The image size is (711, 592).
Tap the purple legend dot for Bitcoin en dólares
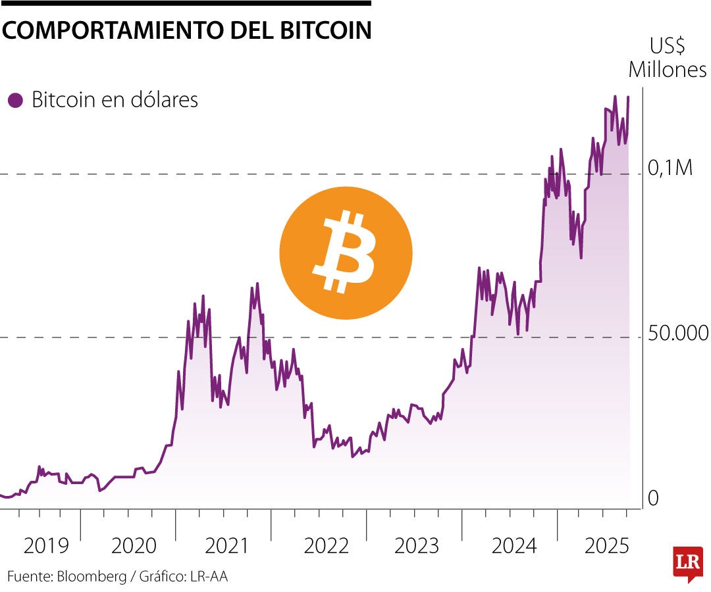click(x=14, y=101)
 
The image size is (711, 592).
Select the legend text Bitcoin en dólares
click(x=115, y=101)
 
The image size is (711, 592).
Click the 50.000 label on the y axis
click(x=678, y=333)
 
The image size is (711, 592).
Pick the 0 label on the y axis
click(x=653, y=499)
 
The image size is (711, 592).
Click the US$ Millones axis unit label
click(x=668, y=58)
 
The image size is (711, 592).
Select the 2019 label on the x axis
click(x=45, y=545)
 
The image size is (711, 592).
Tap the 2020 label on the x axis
click(x=134, y=545)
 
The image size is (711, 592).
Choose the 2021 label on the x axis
click(x=227, y=545)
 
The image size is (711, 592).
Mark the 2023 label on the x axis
click(x=416, y=545)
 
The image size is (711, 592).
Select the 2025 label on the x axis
click(x=607, y=545)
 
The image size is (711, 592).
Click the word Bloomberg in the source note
click(x=93, y=577)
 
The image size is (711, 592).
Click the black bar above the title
click(x=186, y=3)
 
